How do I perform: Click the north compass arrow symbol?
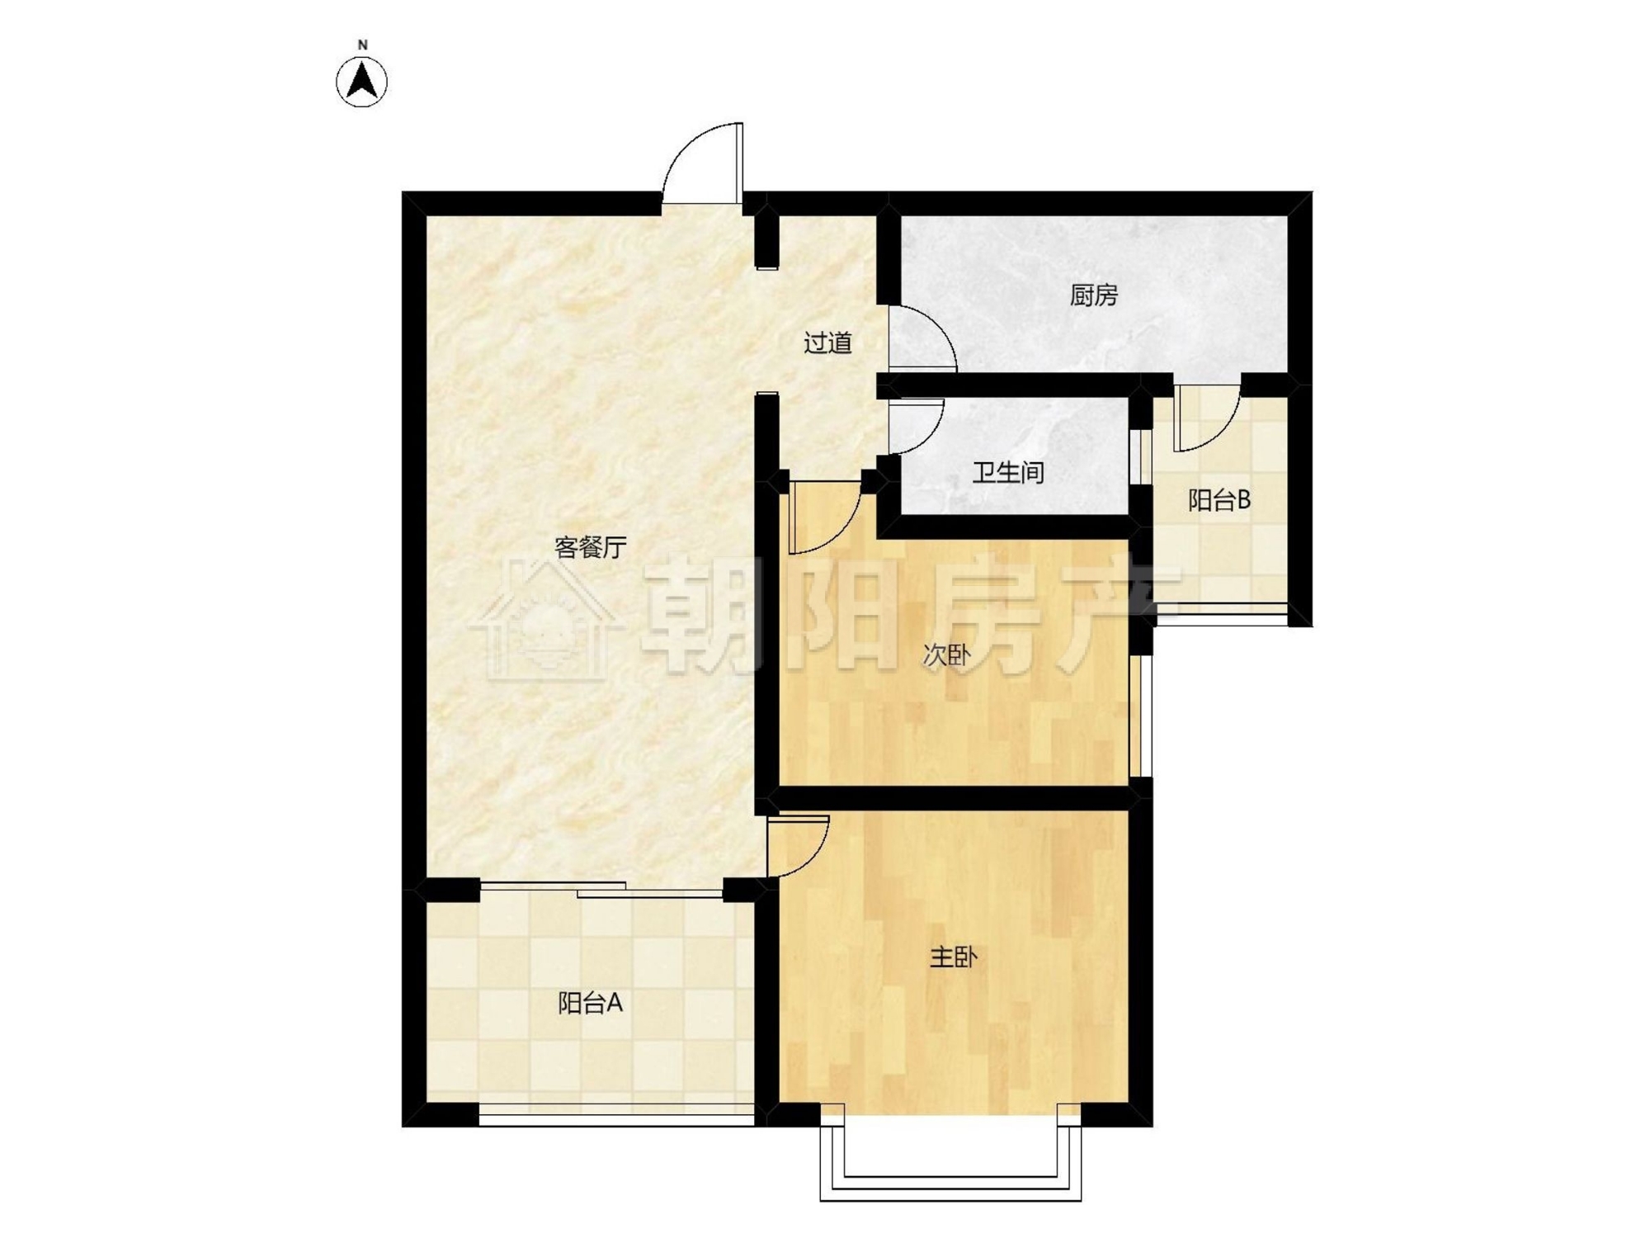coord(361,82)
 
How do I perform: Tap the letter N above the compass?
coord(362,45)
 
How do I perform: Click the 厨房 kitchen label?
coord(1094,295)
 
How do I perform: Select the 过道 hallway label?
coord(827,343)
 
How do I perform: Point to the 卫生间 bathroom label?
coord(1008,473)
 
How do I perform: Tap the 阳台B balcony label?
coord(1219,499)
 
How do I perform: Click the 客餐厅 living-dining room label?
coord(591,547)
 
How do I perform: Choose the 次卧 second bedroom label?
coord(946,656)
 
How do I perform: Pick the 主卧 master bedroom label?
coord(954,957)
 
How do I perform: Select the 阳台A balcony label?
coord(590,1003)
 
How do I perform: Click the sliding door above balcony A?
coord(602,889)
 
